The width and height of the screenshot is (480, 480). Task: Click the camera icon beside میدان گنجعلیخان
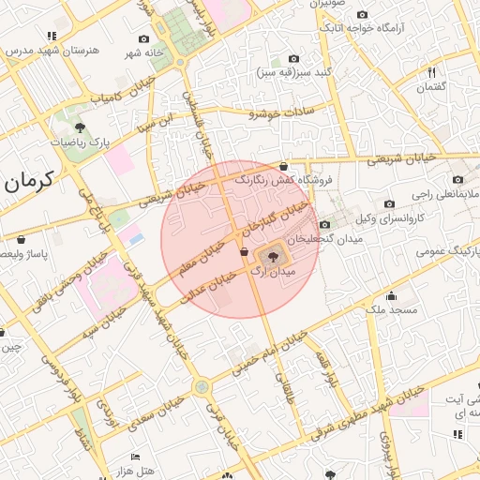[x=324, y=224]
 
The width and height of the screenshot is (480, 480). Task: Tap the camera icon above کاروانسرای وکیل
[x=389, y=203]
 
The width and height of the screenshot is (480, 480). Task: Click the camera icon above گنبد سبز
[x=293, y=57]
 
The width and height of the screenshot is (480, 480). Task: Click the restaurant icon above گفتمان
[x=432, y=72]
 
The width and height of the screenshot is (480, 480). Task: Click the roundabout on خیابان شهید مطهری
[x=201, y=385]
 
